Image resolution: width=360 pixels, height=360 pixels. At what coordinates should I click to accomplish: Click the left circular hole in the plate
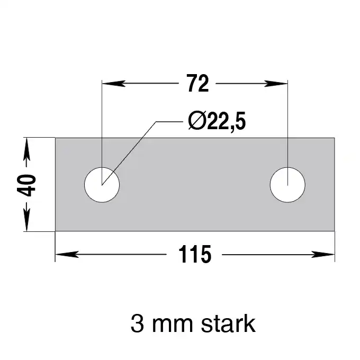[x=102, y=185]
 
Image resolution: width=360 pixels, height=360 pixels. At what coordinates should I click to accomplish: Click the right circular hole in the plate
[x=287, y=185]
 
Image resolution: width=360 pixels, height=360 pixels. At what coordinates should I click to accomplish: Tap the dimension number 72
[x=197, y=83]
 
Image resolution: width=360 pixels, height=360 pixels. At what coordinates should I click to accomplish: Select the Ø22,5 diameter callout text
[x=217, y=121]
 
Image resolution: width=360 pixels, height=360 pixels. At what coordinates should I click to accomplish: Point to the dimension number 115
[x=194, y=255]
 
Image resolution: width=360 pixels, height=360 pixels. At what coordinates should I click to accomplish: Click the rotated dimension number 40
[x=26, y=185]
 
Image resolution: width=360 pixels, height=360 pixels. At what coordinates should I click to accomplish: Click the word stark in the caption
[x=228, y=323]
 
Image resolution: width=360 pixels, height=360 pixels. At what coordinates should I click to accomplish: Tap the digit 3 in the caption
[x=137, y=323]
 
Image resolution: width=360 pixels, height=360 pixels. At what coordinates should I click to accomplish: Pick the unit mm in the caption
[x=173, y=326]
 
